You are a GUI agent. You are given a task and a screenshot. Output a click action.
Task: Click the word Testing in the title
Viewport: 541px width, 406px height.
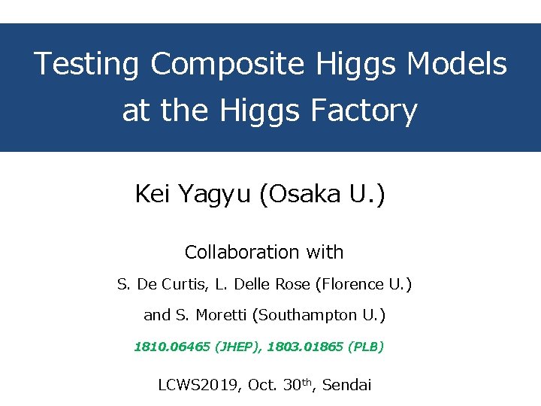[86, 65]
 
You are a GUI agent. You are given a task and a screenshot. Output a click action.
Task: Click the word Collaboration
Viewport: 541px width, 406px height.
[243, 252]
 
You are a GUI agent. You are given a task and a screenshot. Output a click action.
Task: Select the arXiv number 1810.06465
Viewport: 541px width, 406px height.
[172, 347]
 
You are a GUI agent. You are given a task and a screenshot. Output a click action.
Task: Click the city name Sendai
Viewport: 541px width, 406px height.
[348, 386]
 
